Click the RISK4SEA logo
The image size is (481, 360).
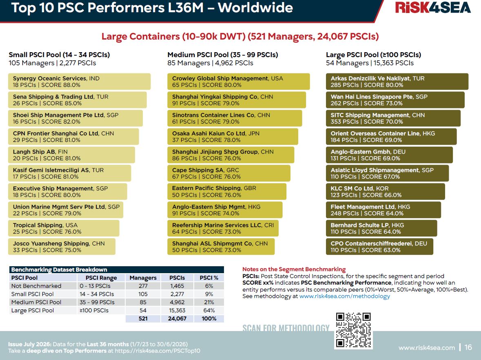coord(433,8)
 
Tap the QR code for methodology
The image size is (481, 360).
coord(353,330)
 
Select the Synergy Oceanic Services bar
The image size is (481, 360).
coord(79,82)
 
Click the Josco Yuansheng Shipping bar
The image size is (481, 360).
coord(62,247)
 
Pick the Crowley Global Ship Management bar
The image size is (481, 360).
coord(238,82)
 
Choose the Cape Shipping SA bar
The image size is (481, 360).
coord(228,173)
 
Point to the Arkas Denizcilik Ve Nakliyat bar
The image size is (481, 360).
coord(397,82)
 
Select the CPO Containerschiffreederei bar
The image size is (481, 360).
coord(379,247)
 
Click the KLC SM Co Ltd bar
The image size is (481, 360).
coord(385,192)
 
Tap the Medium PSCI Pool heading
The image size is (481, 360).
coord(223,55)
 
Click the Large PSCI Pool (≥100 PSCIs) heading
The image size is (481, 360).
coord(373,55)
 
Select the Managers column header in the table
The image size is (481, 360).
coord(143,278)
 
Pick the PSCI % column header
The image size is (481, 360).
coord(209,278)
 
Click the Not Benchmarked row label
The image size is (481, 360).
coord(36,286)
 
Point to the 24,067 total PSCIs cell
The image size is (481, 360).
coord(177,318)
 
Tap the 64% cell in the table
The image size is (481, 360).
coord(209,310)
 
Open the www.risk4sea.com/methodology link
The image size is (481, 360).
coord(344,296)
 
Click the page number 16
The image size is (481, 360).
coord(468,347)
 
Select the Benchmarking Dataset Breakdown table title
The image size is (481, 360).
coord(59,269)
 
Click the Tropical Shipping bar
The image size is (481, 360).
coord(64,228)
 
